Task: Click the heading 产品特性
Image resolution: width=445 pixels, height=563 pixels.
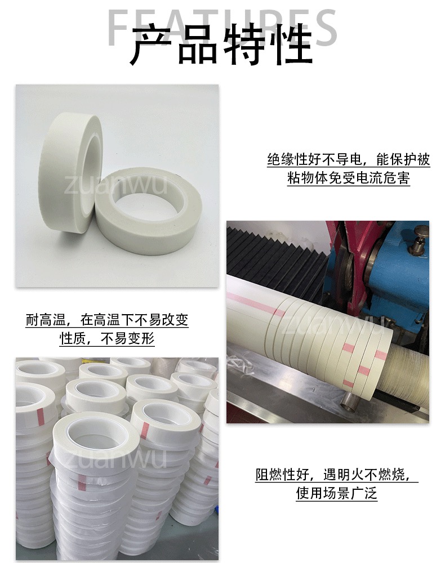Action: click(221, 44)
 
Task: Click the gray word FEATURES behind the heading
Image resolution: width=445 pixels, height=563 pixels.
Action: click(222, 27)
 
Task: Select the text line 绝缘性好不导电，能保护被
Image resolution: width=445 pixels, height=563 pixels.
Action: click(348, 159)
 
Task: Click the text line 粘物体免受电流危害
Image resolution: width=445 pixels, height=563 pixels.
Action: click(348, 178)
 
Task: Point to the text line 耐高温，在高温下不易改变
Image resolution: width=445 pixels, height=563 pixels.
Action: click(107, 320)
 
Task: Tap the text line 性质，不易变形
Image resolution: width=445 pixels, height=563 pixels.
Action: click(107, 338)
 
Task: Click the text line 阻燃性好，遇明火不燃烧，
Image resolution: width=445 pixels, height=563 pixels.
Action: click(337, 475)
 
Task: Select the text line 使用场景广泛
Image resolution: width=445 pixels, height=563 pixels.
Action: click(337, 493)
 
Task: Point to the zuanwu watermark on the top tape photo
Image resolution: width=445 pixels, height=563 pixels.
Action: click(115, 185)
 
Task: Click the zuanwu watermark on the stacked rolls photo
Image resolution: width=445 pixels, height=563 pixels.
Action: click(115, 457)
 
